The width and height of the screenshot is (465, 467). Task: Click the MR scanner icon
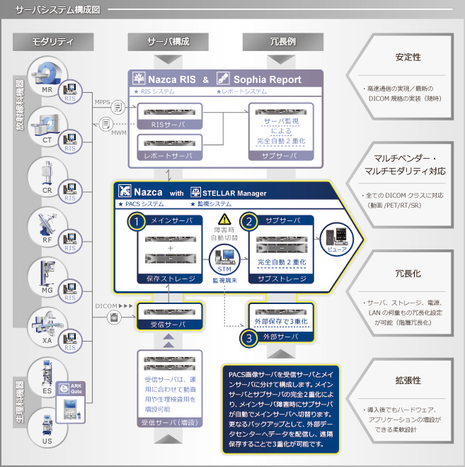coord(45,75)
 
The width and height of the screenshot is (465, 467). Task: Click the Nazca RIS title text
coord(171,79)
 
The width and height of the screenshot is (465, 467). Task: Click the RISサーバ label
coord(168,124)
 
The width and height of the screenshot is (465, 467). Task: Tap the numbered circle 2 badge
coord(249,221)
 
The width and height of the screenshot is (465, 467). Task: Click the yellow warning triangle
coord(225,220)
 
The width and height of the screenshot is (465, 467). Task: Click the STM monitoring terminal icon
coord(224,258)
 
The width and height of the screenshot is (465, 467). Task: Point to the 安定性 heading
coord(408,57)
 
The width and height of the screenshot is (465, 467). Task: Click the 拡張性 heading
coord(408,380)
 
